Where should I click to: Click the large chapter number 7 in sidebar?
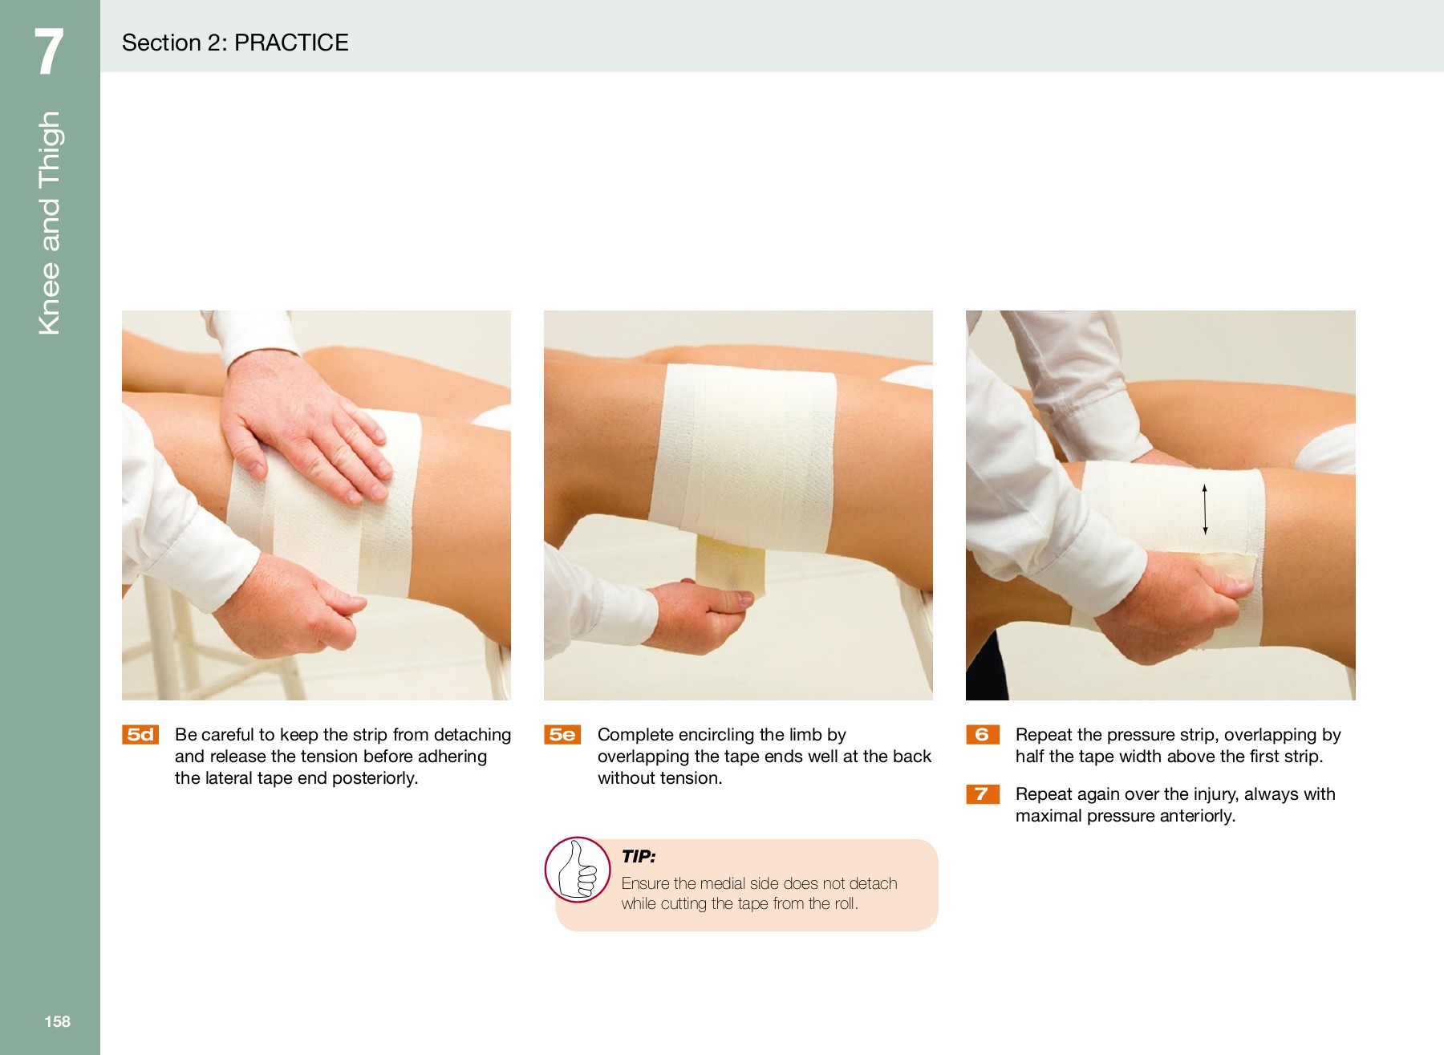[x=49, y=52]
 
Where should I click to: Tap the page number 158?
[x=57, y=1021]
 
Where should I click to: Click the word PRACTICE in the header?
[x=291, y=43]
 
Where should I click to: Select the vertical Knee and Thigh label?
[x=50, y=223]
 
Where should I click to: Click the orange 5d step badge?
[x=140, y=735]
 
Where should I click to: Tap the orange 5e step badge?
[x=562, y=735]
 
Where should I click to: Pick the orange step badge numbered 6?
[x=982, y=735]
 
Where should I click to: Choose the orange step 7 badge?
[x=982, y=794]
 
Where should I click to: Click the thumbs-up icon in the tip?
[x=578, y=870]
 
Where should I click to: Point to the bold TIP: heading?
[x=639, y=856]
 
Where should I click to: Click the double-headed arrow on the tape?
[x=1204, y=509]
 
